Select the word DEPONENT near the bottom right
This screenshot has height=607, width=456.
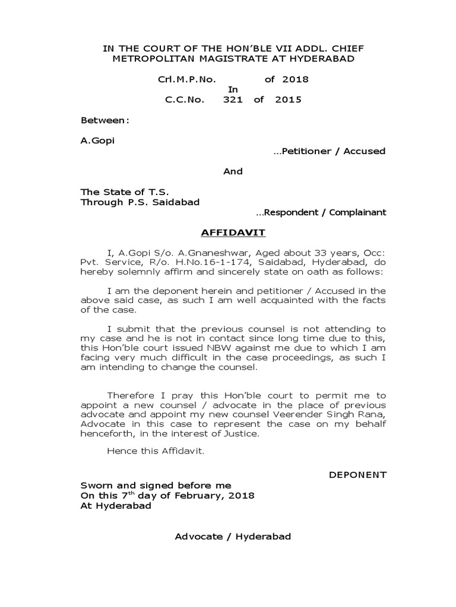point(358,475)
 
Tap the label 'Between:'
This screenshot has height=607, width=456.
point(104,120)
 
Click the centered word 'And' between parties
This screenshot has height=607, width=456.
point(233,171)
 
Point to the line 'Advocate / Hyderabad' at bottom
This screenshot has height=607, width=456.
point(233,537)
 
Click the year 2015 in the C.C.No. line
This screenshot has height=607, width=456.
point(288,100)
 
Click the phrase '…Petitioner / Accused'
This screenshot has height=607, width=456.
point(329,151)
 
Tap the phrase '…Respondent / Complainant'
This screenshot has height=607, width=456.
point(321,212)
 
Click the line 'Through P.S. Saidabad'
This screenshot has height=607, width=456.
point(140,202)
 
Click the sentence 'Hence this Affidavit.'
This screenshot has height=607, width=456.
point(156,451)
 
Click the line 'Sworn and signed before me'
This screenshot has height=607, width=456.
point(156,485)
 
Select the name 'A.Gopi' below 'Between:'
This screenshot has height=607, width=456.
point(97,141)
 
